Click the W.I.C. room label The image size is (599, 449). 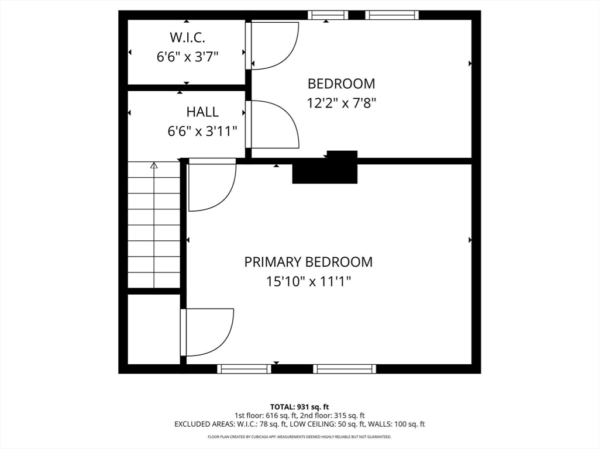[x=187, y=38]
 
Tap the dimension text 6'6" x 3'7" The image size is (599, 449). [x=187, y=57]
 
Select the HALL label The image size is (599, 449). [x=202, y=112]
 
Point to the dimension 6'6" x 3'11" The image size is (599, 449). [x=202, y=131]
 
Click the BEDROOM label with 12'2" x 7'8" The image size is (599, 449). [x=341, y=84]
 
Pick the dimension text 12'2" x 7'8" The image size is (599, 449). [x=341, y=103]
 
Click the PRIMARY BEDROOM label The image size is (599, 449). [x=308, y=261]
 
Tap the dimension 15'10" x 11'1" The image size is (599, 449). [x=308, y=282]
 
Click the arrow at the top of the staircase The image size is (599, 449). [x=154, y=165]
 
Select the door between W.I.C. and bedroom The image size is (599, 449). [x=273, y=46]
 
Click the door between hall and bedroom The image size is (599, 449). [x=273, y=124]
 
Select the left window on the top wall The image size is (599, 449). [x=328, y=15]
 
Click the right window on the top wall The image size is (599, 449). [x=392, y=15]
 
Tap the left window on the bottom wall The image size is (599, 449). [x=244, y=369]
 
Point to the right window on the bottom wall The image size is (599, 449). [x=344, y=369]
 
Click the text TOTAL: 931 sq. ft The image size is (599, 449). [x=299, y=406]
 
